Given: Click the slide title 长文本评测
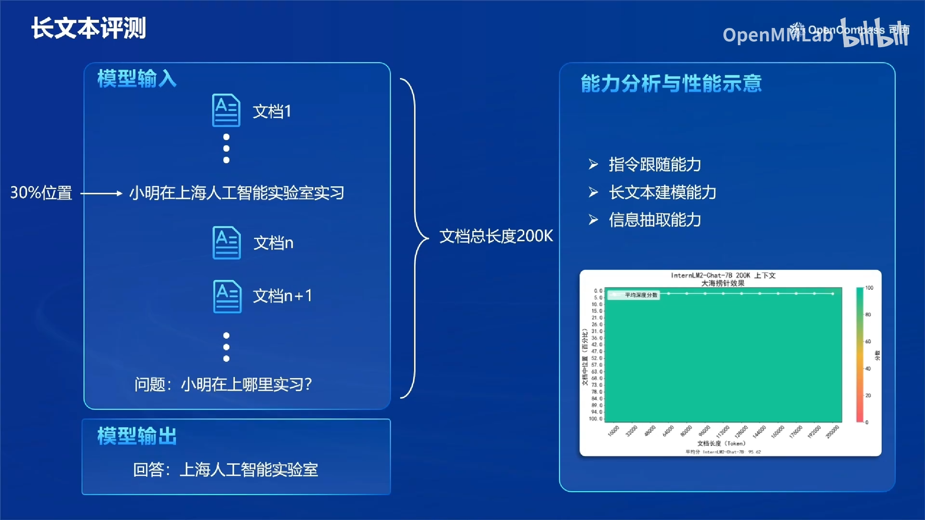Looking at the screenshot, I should click(x=89, y=28).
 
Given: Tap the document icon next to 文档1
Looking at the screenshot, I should click(x=226, y=110).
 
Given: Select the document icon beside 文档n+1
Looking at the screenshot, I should click(x=227, y=296).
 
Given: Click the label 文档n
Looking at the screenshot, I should click(x=273, y=243).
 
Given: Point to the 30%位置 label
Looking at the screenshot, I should click(x=41, y=193).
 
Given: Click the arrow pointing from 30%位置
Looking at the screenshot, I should click(x=101, y=194).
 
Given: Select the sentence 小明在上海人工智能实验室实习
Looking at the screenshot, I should click(x=237, y=193).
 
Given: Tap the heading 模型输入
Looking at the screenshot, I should click(x=137, y=78).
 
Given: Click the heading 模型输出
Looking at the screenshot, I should click(x=137, y=436).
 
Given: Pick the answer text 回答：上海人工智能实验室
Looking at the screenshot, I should click(x=225, y=469).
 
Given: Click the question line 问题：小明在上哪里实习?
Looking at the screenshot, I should click(x=223, y=384).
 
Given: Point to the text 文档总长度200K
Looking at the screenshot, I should click(x=496, y=236).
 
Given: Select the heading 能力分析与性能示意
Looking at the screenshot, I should click(x=671, y=83).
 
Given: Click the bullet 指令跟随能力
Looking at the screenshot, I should click(x=654, y=165).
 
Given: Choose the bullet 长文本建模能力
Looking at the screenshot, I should click(x=662, y=192).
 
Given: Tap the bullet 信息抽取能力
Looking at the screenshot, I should click(x=654, y=220).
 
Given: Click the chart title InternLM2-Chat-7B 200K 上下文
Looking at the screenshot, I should click(x=723, y=275).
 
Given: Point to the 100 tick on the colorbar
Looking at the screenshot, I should click(x=869, y=288).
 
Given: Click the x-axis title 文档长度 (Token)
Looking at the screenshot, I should click(x=721, y=443).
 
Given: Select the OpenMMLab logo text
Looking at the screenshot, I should click(x=778, y=35).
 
